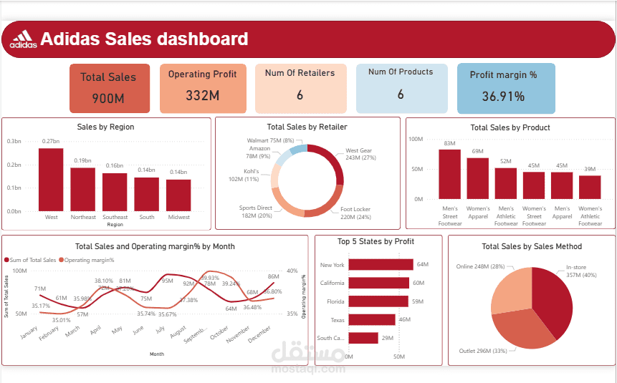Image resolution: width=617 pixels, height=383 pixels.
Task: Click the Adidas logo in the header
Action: tap(23, 39)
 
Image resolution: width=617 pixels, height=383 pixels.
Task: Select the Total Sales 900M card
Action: tap(109, 88)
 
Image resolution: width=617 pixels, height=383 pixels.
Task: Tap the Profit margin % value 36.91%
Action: tap(503, 96)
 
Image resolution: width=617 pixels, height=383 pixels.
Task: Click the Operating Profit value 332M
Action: tap(203, 95)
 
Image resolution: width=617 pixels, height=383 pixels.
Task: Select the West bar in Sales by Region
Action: tap(51, 180)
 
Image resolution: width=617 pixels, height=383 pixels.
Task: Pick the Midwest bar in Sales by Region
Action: tap(178, 195)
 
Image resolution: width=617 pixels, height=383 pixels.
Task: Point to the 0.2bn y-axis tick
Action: tap(14, 165)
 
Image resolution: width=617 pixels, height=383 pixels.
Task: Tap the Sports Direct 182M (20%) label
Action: tap(256, 212)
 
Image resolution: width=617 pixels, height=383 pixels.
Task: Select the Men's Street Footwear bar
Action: tap(449, 174)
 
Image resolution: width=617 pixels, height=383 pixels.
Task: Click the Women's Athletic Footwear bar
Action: tap(590, 187)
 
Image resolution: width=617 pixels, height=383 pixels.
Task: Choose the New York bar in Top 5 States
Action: tap(381, 265)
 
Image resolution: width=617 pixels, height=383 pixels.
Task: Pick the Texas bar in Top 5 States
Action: tap(372, 319)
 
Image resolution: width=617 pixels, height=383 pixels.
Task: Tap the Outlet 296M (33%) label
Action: tap(484, 351)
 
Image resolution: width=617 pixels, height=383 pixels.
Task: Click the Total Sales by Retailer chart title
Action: tap(307, 127)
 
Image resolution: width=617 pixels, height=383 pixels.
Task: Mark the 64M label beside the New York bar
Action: tap(422, 265)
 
